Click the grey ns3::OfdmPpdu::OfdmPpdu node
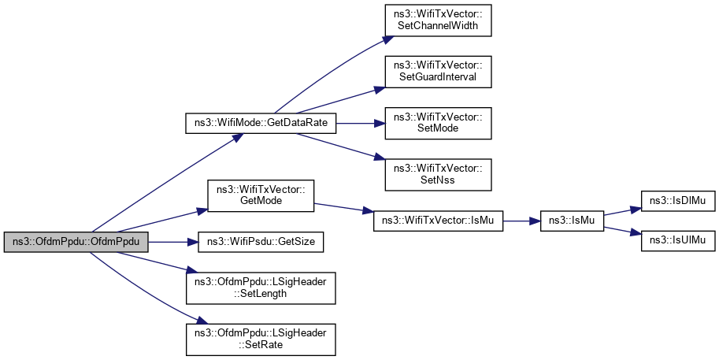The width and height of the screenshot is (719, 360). [76, 240]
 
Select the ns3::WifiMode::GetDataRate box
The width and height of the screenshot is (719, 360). [260, 123]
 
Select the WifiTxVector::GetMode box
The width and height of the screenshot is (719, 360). [260, 196]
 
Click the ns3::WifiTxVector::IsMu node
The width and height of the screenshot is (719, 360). [437, 221]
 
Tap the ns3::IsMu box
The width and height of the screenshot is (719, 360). [571, 221]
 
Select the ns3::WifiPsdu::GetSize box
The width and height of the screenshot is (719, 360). [260, 240]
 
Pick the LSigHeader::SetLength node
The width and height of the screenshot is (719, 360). [260, 287]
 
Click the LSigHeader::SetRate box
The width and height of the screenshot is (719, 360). [260, 336]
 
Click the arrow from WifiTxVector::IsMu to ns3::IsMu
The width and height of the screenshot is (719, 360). [521, 221]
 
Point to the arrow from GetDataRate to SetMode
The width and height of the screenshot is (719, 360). [354, 123]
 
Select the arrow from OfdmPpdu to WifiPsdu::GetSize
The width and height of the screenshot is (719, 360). [169, 240]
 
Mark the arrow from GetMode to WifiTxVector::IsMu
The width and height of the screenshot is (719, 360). [339, 209]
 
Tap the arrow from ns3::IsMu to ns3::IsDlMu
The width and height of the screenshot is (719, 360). [622, 213]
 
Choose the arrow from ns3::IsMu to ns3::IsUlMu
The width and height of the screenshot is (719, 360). [622, 230]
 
